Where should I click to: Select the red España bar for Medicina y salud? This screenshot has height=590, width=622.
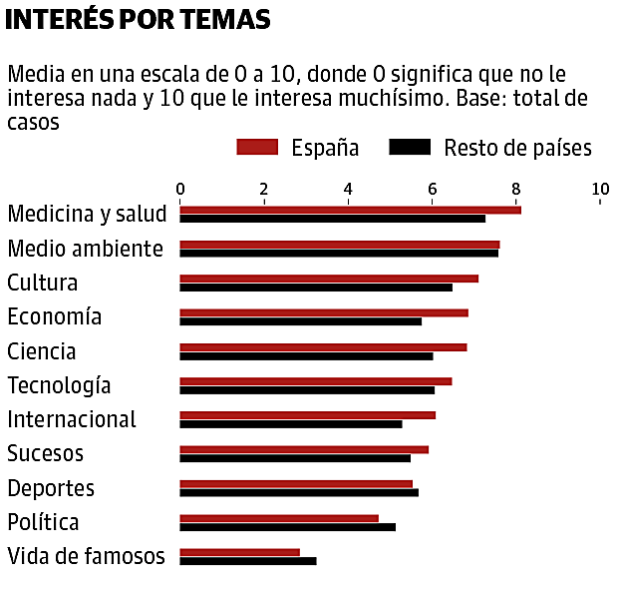pos(350,210)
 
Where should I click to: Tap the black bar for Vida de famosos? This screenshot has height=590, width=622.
pos(247,560)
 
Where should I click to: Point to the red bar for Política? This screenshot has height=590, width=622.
pos(279,518)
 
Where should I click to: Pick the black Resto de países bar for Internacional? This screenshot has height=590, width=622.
pos(291,423)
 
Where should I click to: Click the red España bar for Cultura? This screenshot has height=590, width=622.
pos(329,279)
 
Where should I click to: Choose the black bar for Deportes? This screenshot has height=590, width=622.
pos(299,492)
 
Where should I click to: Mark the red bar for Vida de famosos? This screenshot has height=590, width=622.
pos(239,552)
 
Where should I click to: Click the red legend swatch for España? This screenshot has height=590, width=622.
pos(256,148)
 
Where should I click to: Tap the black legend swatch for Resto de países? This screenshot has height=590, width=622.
pos(410,148)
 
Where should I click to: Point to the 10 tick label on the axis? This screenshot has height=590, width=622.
pos(600,189)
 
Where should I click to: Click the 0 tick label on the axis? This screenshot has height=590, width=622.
pos(180,189)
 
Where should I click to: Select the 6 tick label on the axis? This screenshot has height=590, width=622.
pos(433,189)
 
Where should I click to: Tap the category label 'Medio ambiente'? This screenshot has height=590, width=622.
pos(85,249)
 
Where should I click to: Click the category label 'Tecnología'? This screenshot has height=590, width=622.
pos(59,385)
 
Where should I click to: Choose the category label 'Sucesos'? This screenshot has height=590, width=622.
pos(45,454)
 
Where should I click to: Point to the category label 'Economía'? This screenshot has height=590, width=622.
pos(54,317)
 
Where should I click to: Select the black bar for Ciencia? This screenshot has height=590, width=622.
pos(306,355)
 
